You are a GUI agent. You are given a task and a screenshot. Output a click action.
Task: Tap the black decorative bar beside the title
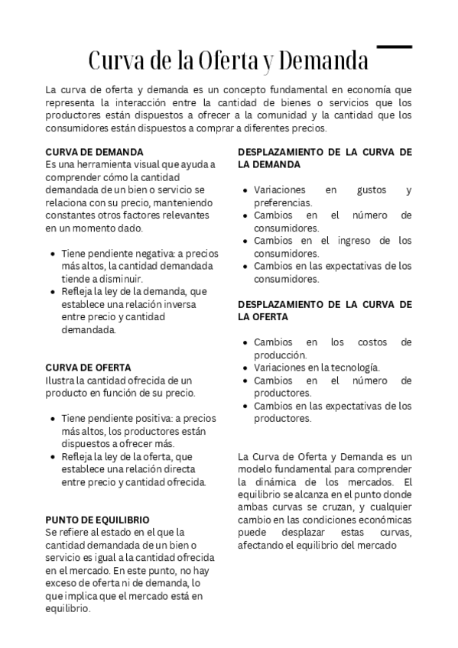[x=395, y=47]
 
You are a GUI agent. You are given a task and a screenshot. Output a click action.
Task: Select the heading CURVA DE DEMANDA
[x=95, y=152]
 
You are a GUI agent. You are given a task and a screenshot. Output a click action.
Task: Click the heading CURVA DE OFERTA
[x=88, y=368]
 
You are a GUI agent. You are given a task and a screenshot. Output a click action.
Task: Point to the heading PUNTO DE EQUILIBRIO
[x=97, y=519]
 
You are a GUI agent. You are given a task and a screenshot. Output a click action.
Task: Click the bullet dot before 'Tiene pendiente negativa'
[x=52, y=253]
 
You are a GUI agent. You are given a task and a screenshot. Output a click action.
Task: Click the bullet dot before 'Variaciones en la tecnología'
[x=244, y=368]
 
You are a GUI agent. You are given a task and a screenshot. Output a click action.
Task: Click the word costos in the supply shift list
[x=369, y=342]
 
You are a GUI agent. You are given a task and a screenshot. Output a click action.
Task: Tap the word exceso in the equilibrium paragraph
[x=63, y=583]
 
